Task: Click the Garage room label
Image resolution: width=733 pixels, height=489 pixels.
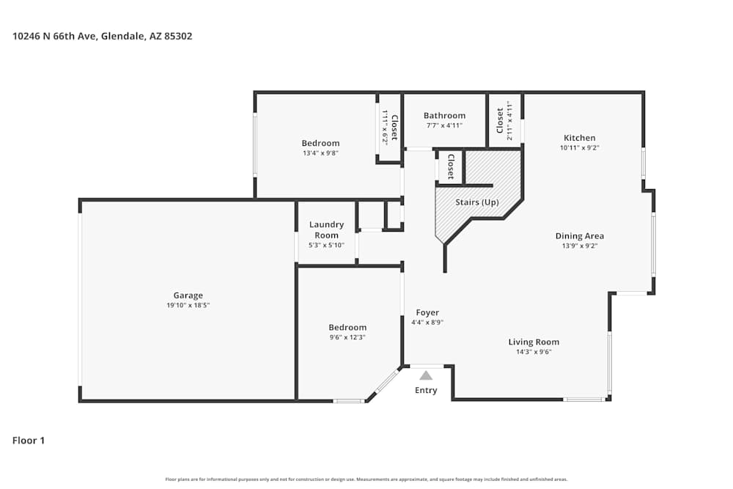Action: [x=188, y=295]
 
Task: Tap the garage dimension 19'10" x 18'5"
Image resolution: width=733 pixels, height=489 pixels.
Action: [x=188, y=305]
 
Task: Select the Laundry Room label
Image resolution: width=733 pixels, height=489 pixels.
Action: [x=326, y=229]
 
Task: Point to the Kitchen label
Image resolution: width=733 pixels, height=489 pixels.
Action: [x=579, y=138]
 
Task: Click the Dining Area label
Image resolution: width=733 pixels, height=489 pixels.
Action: [x=579, y=236]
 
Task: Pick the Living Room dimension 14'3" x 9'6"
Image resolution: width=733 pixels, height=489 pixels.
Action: [x=534, y=352]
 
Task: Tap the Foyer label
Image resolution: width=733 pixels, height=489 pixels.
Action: [x=427, y=312]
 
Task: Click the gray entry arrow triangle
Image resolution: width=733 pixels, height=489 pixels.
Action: [x=426, y=375]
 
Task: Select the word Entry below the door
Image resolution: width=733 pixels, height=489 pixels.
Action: [x=426, y=390]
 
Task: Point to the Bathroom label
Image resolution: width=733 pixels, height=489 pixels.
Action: [x=444, y=116]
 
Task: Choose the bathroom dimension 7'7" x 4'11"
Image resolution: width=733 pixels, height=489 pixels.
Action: [x=444, y=125]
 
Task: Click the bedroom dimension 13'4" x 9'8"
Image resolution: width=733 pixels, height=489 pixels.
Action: [x=320, y=153]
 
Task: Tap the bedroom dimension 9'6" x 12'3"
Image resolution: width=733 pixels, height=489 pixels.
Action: [x=347, y=337]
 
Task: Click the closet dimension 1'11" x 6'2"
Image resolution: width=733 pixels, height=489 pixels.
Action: [x=385, y=127]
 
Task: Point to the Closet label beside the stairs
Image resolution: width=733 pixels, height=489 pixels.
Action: [x=450, y=167]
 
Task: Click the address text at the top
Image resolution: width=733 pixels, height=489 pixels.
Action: [x=102, y=35]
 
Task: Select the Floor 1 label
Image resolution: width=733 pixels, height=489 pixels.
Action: [x=29, y=441]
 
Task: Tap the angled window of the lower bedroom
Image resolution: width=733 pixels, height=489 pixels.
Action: [x=386, y=382]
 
